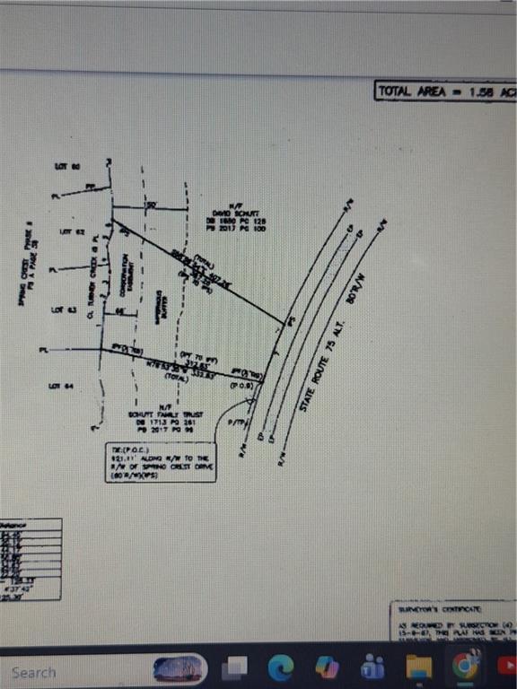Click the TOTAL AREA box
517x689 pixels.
[x=445, y=92]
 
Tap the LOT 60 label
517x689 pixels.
[x=67, y=167]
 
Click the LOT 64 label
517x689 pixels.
[x=61, y=387]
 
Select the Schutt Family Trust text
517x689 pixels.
[x=168, y=415]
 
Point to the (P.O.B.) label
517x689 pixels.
[x=241, y=385]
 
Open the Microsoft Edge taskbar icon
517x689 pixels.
[x=282, y=667]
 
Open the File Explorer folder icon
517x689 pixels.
[x=418, y=667]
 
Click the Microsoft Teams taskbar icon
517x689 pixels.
[x=372, y=667]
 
